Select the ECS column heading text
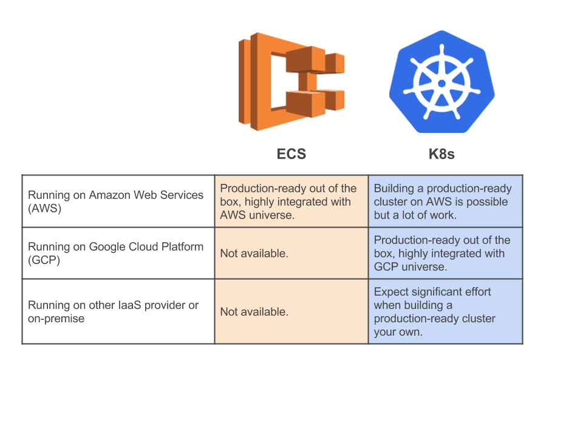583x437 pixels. coord(291,154)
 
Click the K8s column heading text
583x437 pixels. coord(442,154)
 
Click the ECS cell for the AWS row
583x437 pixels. coord(291,202)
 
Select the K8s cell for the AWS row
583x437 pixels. coord(445,202)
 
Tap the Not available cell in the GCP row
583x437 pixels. coord(291,253)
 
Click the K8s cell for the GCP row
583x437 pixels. coord(445,253)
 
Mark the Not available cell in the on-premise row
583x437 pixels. coord(291,311)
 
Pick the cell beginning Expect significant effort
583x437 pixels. coord(445,311)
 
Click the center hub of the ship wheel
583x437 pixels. coord(441,82)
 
